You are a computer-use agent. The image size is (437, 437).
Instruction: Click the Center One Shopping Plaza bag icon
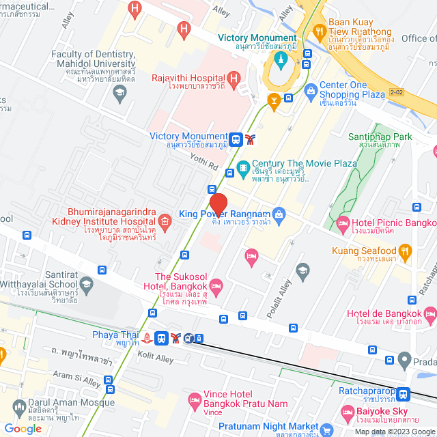(311, 89)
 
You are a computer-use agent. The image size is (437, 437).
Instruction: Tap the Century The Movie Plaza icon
(242, 167)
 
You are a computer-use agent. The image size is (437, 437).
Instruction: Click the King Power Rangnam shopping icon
(278, 214)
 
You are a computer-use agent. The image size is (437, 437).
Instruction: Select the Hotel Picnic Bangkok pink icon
(343, 222)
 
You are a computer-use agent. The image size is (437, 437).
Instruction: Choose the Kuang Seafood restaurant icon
(404, 251)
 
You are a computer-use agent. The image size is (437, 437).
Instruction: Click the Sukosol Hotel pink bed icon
(216, 285)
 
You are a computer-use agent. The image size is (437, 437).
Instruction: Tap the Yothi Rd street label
(204, 165)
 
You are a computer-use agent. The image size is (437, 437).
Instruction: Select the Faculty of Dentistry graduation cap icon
(121, 92)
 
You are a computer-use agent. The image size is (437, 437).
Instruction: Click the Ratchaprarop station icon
(404, 394)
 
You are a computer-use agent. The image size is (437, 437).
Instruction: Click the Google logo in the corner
(23, 428)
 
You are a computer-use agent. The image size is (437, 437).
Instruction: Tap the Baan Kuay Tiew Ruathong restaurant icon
(318, 31)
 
